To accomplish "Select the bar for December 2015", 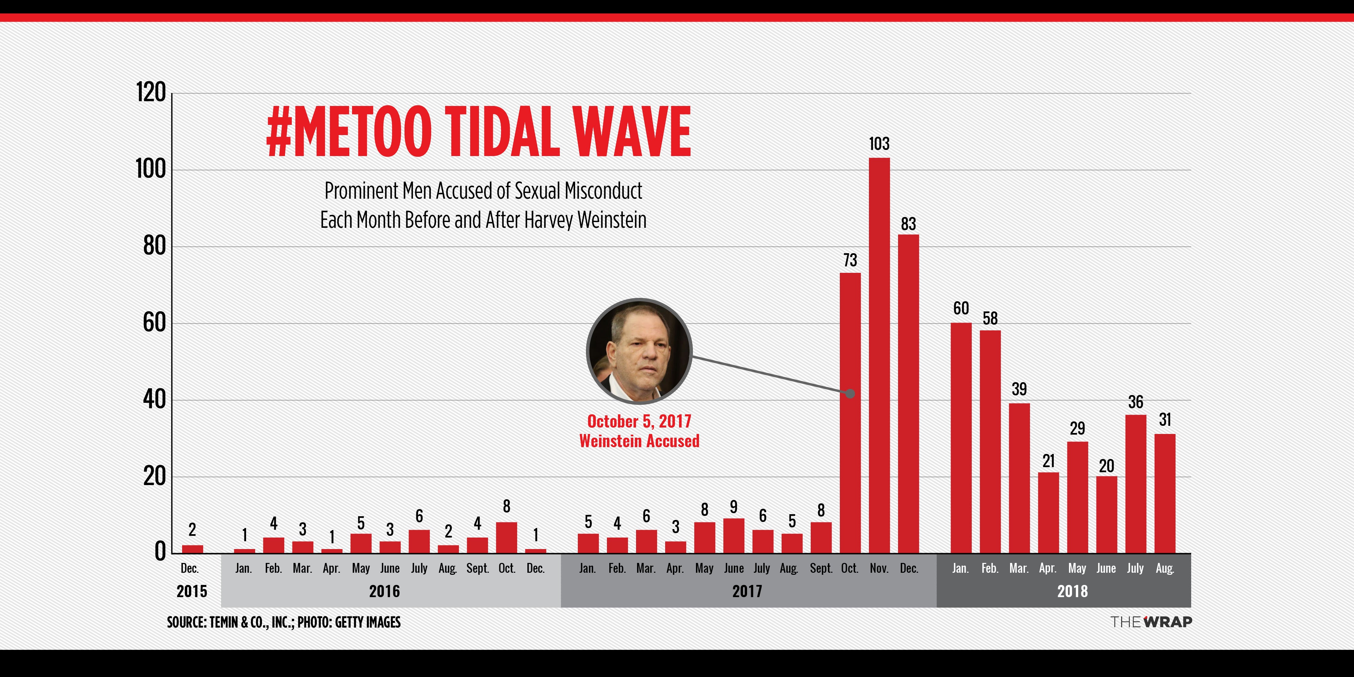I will (x=192, y=549).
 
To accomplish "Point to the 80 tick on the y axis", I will (x=154, y=246).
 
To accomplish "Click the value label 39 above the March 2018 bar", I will (x=1019, y=390).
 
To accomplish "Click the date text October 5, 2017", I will (x=639, y=421).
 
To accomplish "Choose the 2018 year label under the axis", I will (x=1072, y=591).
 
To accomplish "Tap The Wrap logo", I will (x=1151, y=622).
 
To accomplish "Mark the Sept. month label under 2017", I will (x=821, y=568).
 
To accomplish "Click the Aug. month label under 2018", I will (x=1165, y=568).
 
